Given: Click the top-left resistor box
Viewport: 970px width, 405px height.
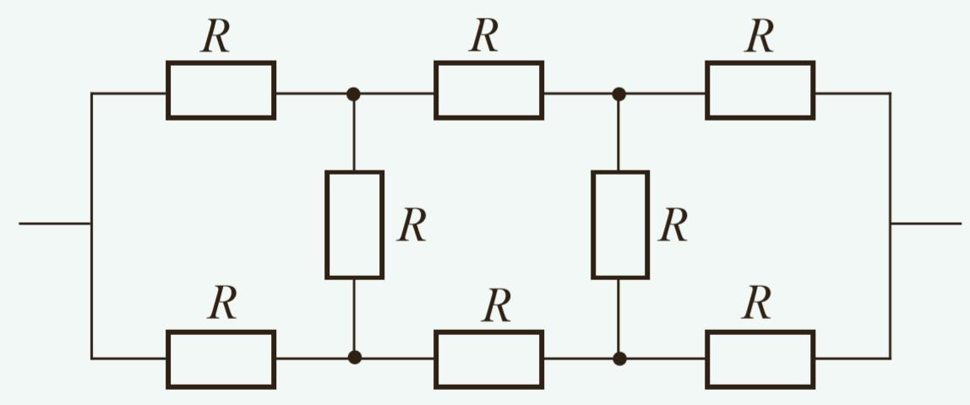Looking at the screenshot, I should [x=221, y=90].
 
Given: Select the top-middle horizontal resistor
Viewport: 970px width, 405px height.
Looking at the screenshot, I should [x=488, y=90].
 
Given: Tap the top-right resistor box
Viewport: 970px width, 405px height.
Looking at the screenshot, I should [x=760, y=90].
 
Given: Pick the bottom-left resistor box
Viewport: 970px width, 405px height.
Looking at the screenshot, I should [x=221, y=359].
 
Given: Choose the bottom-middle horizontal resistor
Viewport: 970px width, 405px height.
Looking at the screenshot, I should [x=488, y=359].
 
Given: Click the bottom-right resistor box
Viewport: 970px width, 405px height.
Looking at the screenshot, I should [x=760, y=359].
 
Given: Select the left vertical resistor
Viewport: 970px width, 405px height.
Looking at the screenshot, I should [x=354, y=224].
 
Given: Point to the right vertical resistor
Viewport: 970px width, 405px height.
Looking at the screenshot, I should [x=620, y=224].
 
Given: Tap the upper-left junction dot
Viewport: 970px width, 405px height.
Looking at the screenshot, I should [x=354, y=94].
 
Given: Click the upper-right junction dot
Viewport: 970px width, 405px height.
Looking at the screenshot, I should [x=619, y=94].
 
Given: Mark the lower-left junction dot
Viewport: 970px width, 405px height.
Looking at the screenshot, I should [x=355, y=357].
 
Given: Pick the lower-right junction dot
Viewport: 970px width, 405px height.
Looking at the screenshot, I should [x=619, y=358].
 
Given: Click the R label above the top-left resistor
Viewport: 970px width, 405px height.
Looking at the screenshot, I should [x=215, y=36].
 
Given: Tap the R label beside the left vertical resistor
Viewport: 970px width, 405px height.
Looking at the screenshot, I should [x=411, y=225].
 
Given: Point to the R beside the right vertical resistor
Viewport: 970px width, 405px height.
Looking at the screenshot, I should [x=673, y=225].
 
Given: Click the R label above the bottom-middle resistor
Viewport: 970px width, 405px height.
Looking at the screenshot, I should [x=497, y=305].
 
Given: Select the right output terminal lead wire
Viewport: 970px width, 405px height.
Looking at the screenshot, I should [x=926, y=224].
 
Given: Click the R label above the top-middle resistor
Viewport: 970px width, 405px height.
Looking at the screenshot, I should [x=484, y=36].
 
